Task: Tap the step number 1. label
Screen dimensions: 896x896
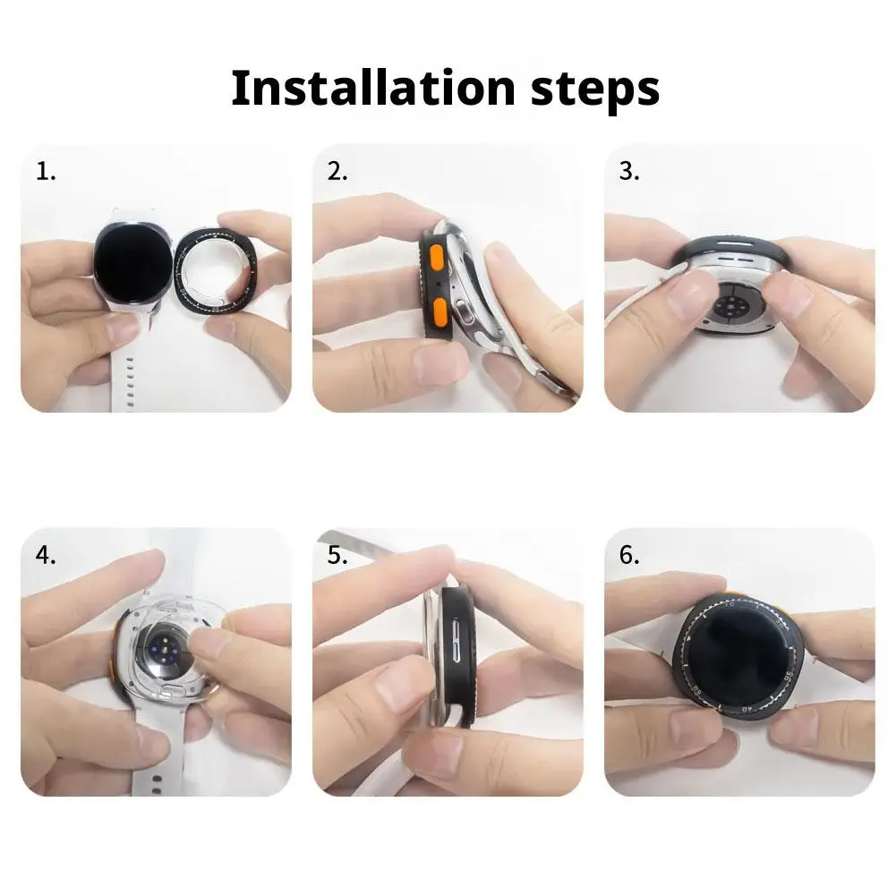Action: (x=46, y=172)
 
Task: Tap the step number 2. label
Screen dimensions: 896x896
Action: (x=337, y=172)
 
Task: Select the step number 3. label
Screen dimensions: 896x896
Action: (x=629, y=172)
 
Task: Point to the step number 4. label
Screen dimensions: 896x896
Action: (x=46, y=555)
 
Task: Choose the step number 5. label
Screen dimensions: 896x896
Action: (x=337, y=555)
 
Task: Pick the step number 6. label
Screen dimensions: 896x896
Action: (x=629, y=555)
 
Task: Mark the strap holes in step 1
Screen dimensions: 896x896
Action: (x=132, y=375)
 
